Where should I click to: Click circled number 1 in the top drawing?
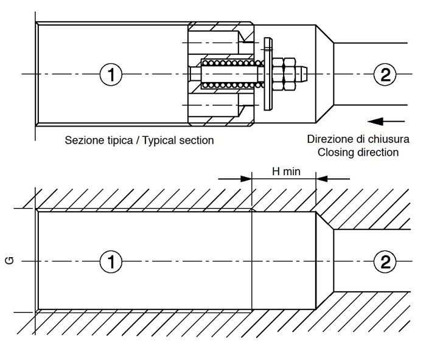click(x=111, y=74)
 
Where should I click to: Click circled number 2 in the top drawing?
click(x=385, y=74)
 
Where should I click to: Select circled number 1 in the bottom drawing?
click(x=111, y=261)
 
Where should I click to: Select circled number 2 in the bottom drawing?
click(x=385, y=261)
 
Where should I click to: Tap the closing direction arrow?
click(x=386, y=122)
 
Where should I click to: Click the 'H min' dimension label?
click(x=286, y=171)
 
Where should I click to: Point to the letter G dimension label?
click(x=10, y=261)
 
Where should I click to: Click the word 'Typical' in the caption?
click(x=159, y=140)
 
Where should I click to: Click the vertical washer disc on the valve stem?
click(x=268, y=74)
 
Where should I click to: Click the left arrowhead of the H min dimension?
click(x=246, y=179)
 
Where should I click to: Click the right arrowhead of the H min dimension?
click(x=322, y=179)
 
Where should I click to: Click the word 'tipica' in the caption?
click(x=119, y=140)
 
